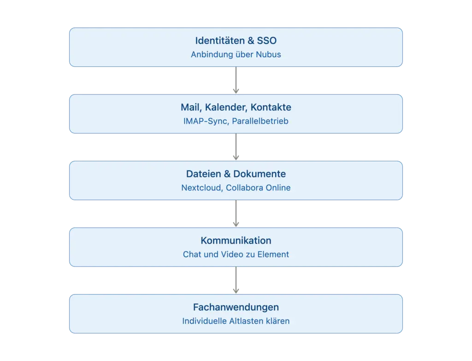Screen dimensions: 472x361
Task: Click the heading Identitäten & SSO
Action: pos(236,41)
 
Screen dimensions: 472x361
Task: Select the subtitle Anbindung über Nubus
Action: pos(236,54)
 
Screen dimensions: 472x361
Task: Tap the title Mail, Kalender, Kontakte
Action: pos(236,107)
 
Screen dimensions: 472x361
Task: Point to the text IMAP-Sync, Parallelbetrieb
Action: pos(236,121)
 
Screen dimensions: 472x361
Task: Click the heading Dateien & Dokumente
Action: pos(236,174)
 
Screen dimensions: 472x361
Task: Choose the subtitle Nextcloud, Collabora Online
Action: pos(236,188)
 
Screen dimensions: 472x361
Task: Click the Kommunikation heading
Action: pos(236,241)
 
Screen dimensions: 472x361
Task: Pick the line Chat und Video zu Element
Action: pos(236,254)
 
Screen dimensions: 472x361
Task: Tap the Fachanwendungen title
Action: pos(236,307)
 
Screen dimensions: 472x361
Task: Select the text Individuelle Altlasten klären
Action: pos(236,321)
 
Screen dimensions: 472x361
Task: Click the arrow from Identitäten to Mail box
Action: pos(236,80)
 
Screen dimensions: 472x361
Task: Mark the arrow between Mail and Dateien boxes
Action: pos(236,147)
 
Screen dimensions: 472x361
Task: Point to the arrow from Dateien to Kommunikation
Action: pos(236,213)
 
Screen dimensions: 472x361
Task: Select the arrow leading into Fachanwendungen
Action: pos(236,280)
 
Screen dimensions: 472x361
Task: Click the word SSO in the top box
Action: pos(267,41)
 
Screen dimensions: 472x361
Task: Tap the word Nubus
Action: pos(268,54)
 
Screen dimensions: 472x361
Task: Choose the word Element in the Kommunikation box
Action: pos(273,254)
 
